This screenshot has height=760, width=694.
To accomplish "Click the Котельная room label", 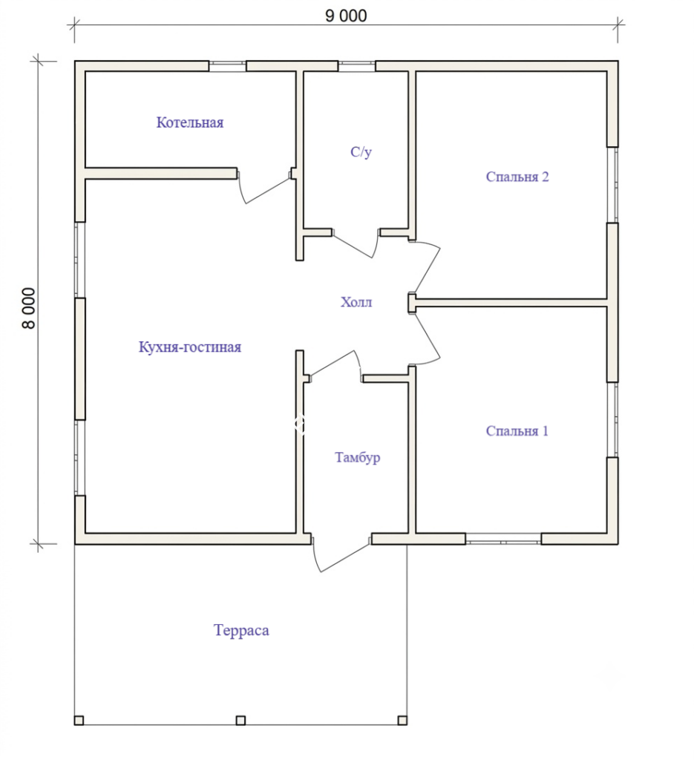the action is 189,122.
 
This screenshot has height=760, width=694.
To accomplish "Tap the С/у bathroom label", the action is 361,151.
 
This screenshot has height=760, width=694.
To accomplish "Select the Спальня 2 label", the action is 517,177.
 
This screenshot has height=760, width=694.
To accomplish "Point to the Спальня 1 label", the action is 517,431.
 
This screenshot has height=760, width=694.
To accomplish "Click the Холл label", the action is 356,302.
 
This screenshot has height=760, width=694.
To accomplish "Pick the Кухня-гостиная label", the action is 190,347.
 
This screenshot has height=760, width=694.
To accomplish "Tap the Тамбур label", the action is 357,457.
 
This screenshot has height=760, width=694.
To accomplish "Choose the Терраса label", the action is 241,630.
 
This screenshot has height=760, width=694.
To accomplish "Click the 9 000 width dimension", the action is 346,16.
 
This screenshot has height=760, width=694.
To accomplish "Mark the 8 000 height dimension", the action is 29,308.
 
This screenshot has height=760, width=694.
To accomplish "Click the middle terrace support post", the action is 240,720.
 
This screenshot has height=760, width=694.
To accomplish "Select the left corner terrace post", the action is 79,720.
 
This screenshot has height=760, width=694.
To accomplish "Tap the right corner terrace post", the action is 402,720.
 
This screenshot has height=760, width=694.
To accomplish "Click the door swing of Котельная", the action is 265,189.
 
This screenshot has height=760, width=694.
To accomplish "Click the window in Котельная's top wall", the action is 227,66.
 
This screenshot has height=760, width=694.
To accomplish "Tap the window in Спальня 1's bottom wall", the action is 503,539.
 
